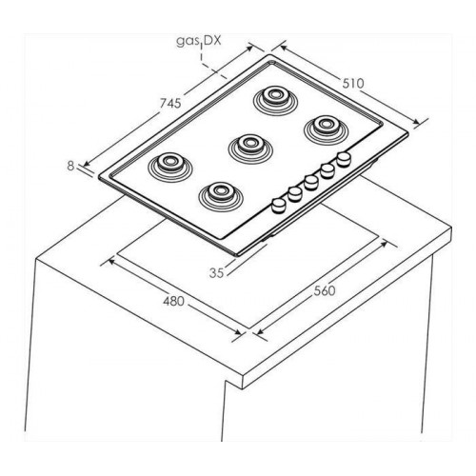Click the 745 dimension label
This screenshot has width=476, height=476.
[x=169, y=103]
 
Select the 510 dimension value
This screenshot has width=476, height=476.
[x=353, y=83]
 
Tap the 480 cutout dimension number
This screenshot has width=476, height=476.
[x=173, y=301]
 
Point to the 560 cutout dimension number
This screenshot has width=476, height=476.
[x=325, y=290]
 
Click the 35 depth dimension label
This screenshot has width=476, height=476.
[x=217, y=272]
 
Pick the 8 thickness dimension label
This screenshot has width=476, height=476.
[x=70, y=166]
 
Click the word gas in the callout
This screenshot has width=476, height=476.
[x=186, y=42]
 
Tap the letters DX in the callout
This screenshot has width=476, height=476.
[x=212, y=41]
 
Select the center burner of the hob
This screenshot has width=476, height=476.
[x=250, y=148]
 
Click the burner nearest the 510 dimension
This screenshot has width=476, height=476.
[x=326, y=128]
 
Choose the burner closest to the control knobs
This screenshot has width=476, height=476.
[x=221, y=195]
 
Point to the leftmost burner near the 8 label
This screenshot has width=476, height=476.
[x=170, y=166]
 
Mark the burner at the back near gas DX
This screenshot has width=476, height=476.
[x=276, y=99]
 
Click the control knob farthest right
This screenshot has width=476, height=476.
[x=344, y=159]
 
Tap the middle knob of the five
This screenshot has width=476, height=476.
[x=311, y=183]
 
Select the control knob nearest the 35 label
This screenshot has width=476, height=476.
[x=279, y=206]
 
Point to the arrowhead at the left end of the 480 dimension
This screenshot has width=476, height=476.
[x=110, y=261]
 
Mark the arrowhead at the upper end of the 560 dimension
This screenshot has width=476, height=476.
[x=385, y=244]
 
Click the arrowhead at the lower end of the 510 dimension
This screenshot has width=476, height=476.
[x=416, y=122]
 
